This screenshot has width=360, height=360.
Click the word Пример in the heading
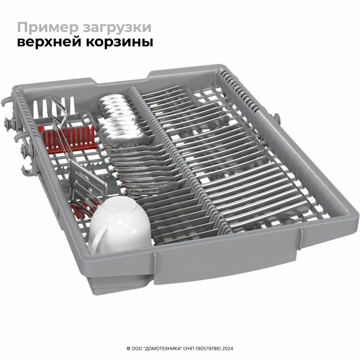click(x=48, y=28)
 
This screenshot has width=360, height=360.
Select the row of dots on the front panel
click(x=228, y=260)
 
